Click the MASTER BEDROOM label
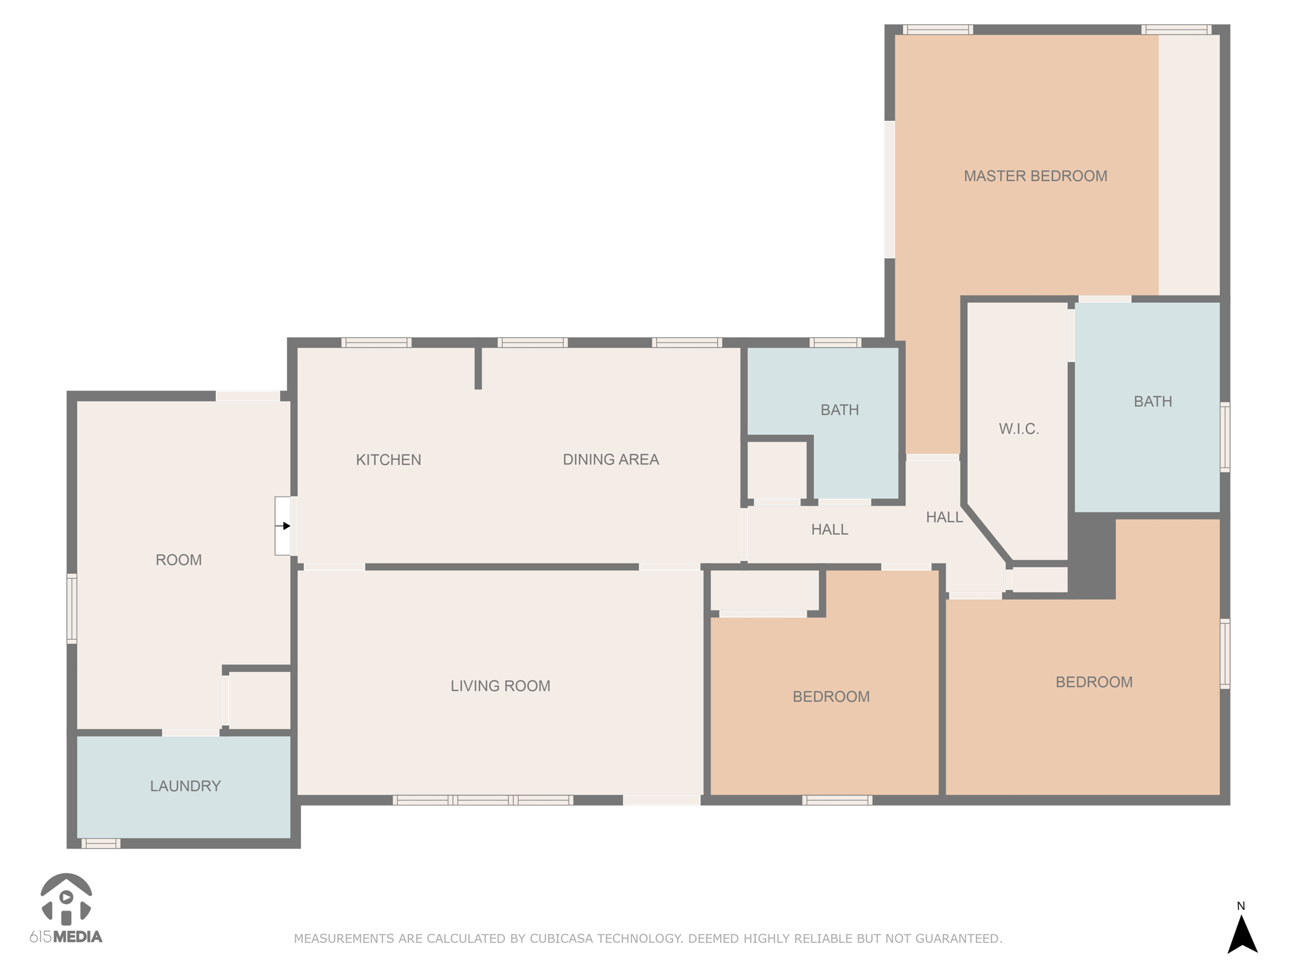click(1035, 176)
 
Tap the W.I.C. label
click(1018, 429)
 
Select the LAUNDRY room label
click(185, 786)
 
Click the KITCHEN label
click(388, 459)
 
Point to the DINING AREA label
click(611, 459)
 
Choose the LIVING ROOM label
click(500, 686)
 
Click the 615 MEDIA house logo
click(66, 900)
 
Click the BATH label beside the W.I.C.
click(1152, 401)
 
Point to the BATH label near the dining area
click(839, 410)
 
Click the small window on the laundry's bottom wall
click(101, 844)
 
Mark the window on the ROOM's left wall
click(72, 608)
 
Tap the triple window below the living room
click(483, 800)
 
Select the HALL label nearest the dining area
click(829, 530)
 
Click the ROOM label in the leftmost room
click(179, 560)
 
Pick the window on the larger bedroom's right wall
click(1225, 653)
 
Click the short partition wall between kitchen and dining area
click(478, 367)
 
